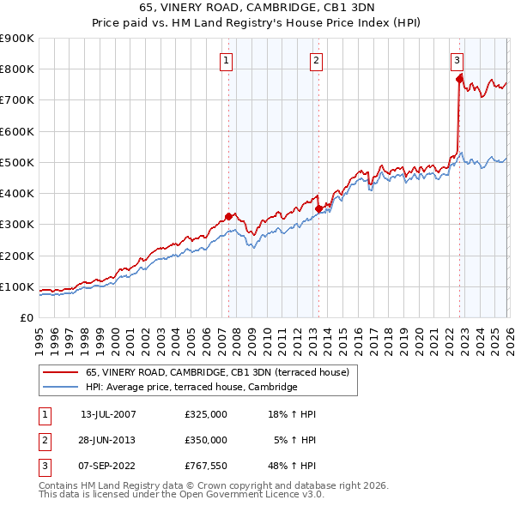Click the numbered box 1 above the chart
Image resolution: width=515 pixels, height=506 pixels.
click(225, 60)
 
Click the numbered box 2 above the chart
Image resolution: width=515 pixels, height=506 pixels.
click(316, 60)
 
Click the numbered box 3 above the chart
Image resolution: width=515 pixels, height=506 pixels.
click(457, 60)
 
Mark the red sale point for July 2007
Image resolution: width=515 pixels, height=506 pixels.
click(229, 216)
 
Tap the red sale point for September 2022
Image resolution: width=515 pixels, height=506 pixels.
click(459, 79)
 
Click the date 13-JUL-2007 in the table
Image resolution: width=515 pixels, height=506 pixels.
click(108, 414)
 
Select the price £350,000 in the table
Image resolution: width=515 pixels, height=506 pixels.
click(206, 439)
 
